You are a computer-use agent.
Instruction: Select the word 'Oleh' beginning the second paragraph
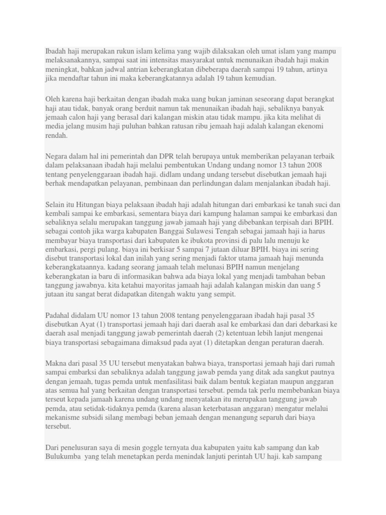[53, 99]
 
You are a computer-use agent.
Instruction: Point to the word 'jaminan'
[248, 99]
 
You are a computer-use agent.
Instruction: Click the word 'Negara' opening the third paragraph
[57, 156]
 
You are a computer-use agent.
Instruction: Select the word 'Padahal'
[58, 315]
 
